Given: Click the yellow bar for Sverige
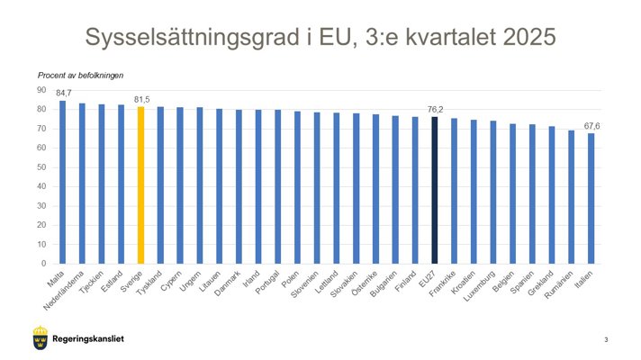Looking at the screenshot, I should coord(140,184).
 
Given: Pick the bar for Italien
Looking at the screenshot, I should coord(591,198).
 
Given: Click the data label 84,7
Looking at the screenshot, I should coord(63,93).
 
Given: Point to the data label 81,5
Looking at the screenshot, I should coord(142,99).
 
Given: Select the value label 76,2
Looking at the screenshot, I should coord(435,109).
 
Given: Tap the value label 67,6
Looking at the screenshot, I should coord(591,126).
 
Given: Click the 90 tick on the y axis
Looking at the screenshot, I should coord(41,90).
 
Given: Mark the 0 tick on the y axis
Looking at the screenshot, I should coord(43,264).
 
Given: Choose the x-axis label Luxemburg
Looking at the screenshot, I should coord(481,286).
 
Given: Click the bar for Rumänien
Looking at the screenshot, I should coord(572,197).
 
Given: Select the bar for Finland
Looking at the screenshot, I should coord(415,190).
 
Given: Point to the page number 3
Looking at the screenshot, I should coord(606,339).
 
